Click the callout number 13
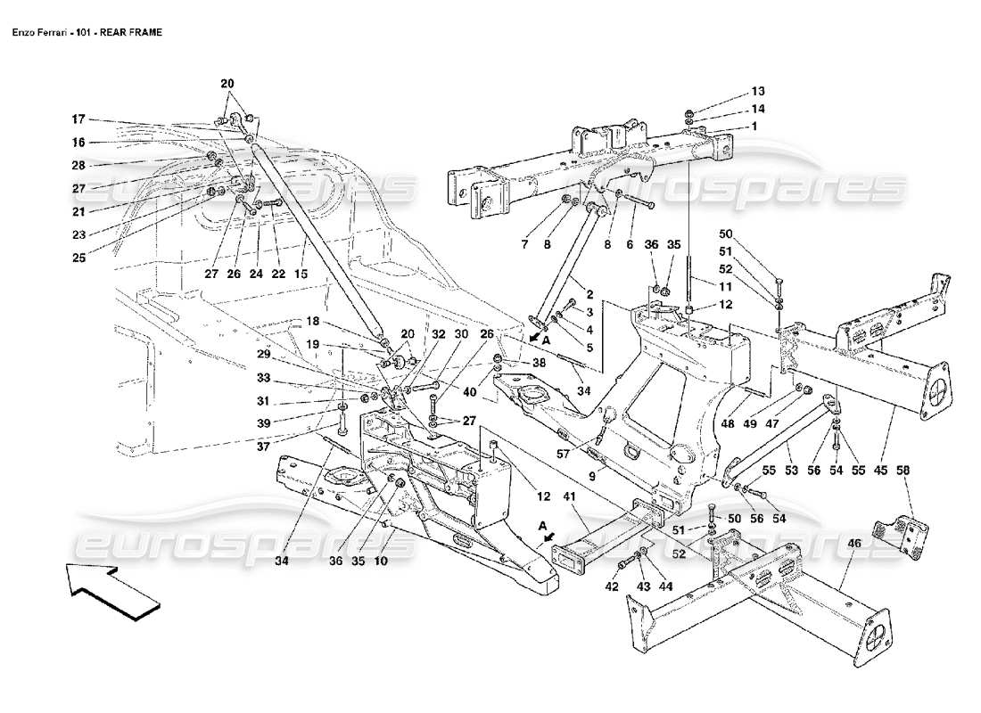757,91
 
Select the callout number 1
754,127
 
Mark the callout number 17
78,118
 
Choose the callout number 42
612,587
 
